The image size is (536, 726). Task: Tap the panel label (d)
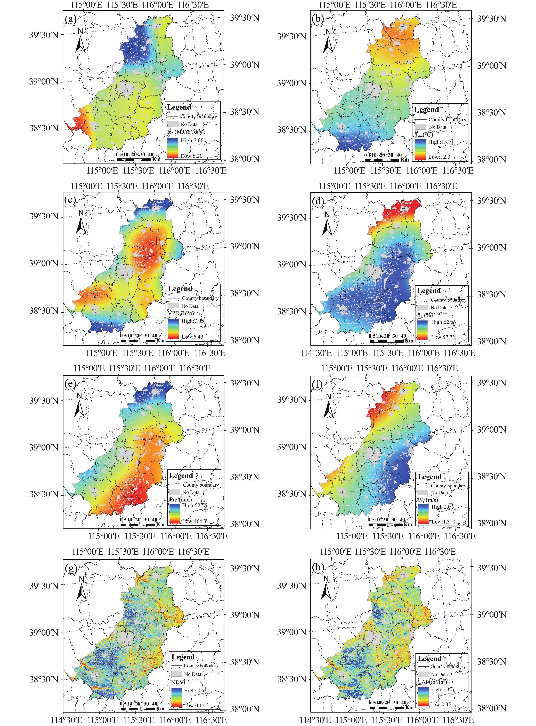(x=318, y=201)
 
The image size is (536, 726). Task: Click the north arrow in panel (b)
(x=328, y=42)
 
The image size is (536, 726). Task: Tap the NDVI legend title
(x=178, y=682)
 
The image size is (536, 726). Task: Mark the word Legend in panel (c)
(x=180, y=289)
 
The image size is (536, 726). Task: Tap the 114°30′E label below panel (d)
(x=316, y=353)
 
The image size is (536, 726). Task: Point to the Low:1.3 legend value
(x=440, y=522)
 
